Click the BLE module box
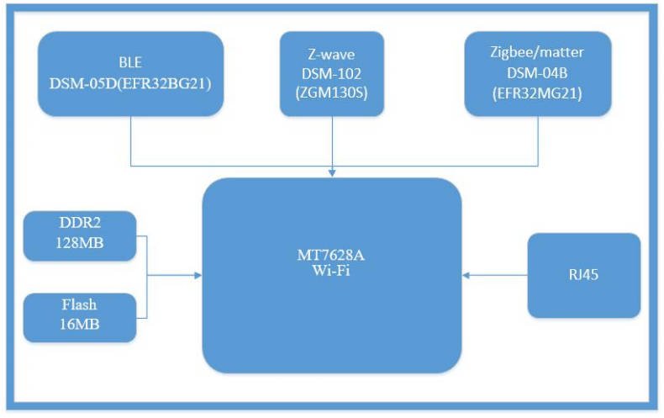[131, 74]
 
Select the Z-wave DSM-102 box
[332, 74]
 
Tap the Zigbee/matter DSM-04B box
[537, 74]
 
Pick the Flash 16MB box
[80, 317]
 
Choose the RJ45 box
[583, 275]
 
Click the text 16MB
[80, 325]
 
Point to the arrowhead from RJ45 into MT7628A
[466, 275]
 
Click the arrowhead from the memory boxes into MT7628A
[198, 275]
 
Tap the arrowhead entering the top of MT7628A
[333, 173]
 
